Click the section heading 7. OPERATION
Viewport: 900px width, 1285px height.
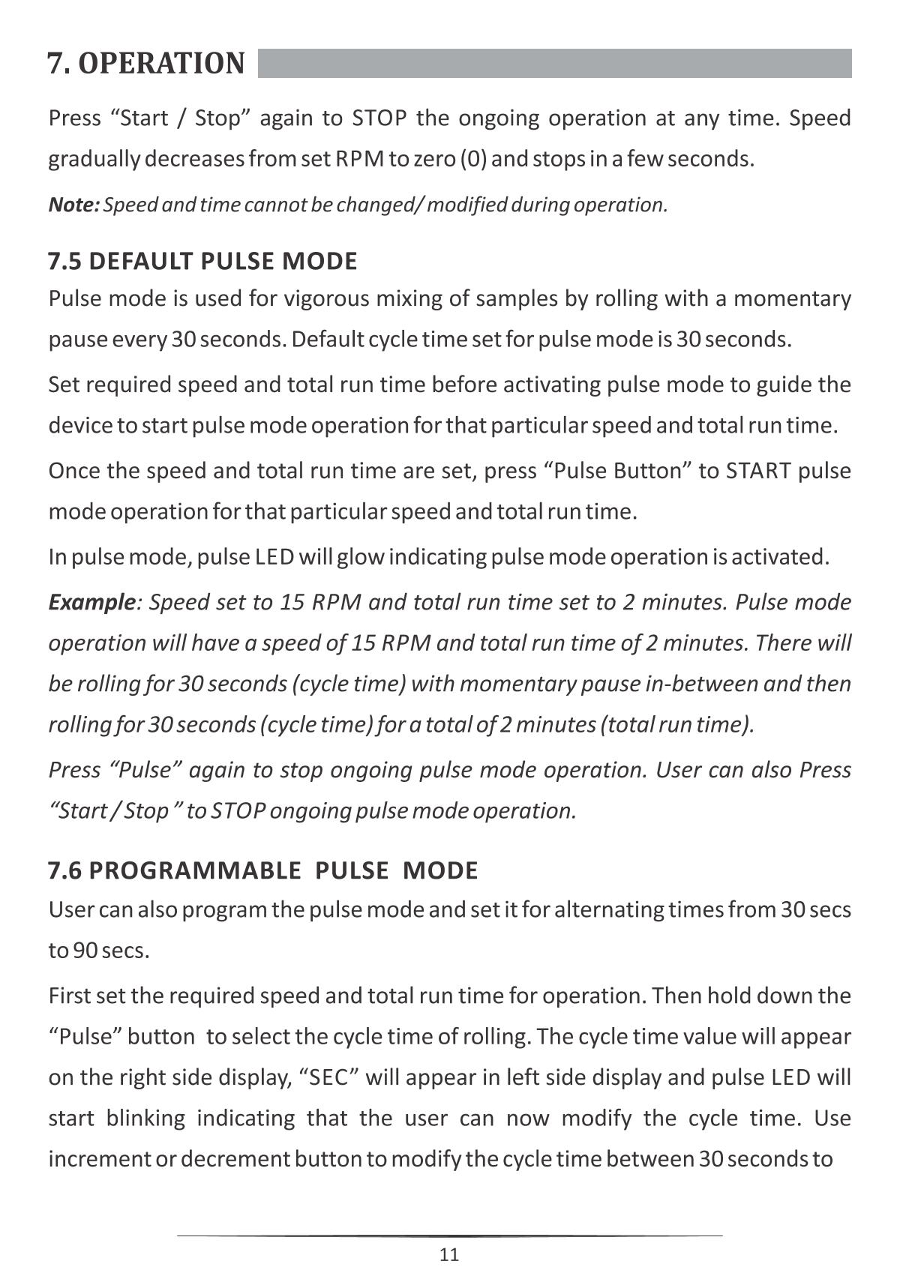[146, 64]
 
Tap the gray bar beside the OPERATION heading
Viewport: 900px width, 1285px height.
[554, 64]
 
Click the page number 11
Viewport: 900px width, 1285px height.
[449, 1255]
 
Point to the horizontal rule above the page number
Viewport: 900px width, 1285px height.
[449, 1235]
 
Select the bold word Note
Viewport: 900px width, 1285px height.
[73, 205]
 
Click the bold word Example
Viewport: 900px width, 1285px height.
[91, 603]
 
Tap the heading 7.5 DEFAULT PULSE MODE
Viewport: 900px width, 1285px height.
[202, 262]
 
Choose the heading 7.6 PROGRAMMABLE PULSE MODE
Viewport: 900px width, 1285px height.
[262, 870]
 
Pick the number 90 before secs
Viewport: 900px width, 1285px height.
[84, 951]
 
